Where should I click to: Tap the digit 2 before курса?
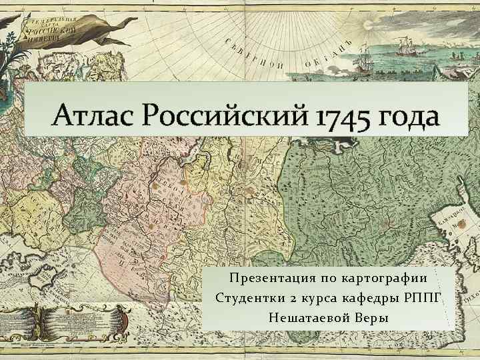[287, 297]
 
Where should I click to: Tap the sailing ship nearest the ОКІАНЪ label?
[363, 64]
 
